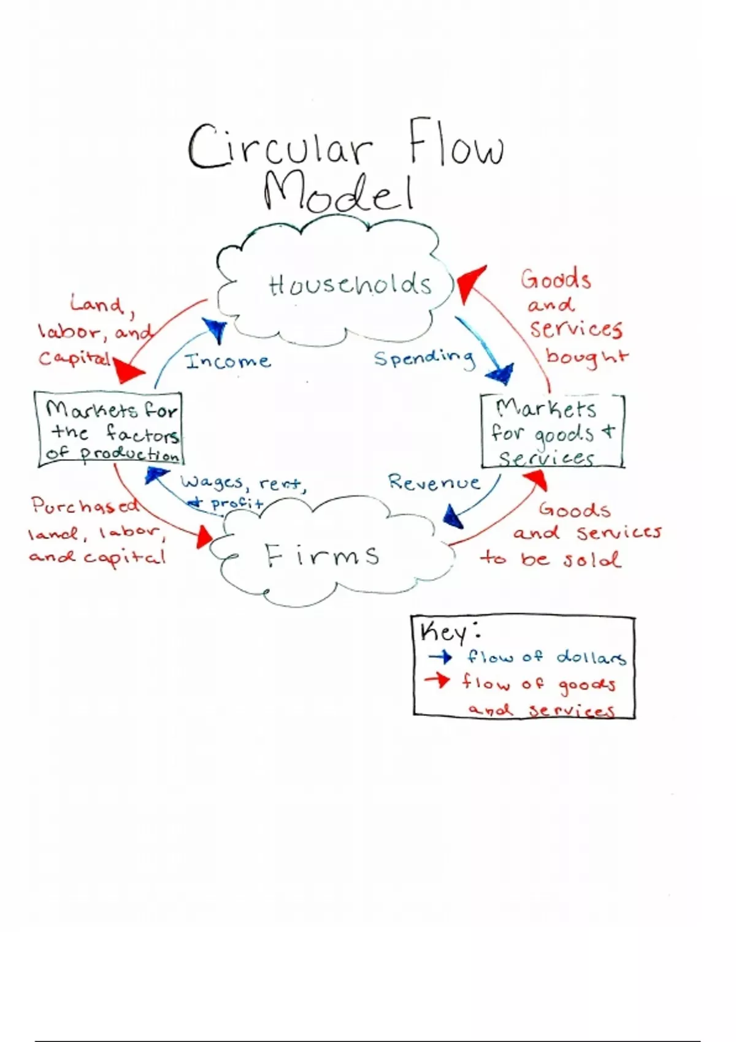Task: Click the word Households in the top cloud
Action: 350,285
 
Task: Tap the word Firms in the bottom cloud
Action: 322,555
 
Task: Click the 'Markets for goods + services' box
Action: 552,432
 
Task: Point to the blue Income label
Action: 228,361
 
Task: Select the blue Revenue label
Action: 434,482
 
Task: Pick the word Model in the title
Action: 339,192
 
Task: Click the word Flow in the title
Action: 456,145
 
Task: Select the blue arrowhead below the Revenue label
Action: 453,517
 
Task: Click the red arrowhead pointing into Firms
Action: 203,538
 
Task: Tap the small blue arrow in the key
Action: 440,657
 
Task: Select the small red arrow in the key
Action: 437,680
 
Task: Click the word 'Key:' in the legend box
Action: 450,631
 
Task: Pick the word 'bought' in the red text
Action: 586,357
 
